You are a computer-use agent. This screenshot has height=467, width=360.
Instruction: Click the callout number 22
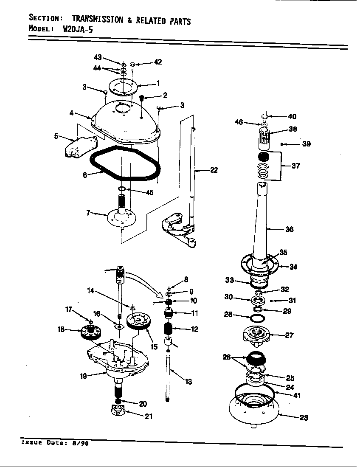pyautogui.click(x=214, y=170)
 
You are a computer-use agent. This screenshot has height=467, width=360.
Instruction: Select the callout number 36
pyautogui.click(x=290, y=229)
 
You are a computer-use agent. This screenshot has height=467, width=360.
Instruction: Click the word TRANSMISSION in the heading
pyautogui.click(x=98, y=20)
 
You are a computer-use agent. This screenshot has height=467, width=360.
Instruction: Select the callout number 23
pyautogui.click(x=304, y=417)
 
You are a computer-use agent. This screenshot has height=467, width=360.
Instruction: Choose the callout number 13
pyautogui.click(x=188, y=382)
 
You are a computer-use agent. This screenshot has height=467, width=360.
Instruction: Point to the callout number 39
pyautogui.click(x=306, y=144)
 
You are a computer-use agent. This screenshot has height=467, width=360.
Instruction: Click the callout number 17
pyautogui.click(x=69, y=309)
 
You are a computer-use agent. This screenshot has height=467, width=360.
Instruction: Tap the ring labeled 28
pyautogui.click(x=257, y=318)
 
